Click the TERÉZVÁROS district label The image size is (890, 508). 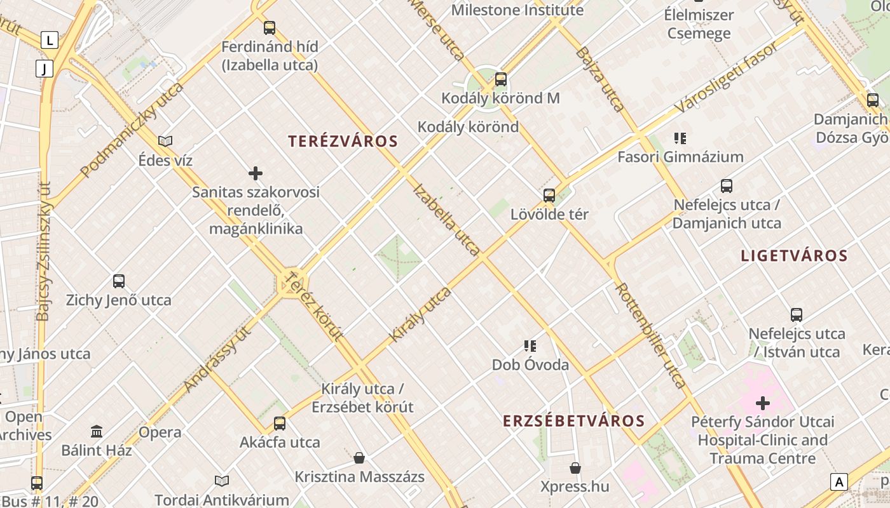[x=343, y=141]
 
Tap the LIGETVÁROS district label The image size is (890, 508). [x=794, y=256]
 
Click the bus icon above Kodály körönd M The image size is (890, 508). [x=501, y=79]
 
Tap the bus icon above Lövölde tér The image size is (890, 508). [x=549, y=196]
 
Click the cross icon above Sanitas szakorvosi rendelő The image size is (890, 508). [x=256, y=173]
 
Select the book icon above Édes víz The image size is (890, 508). [x=165, y=141]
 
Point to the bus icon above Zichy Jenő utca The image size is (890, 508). [x=119, y=281]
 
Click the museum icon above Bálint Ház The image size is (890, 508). [x=97, y=432]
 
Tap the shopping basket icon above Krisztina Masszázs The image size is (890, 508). [x=359, y=458]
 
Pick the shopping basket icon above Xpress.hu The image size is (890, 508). [x=575, y=468]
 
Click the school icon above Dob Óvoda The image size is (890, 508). [x=530, y=345]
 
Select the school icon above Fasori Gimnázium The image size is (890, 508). [x=680, y=138]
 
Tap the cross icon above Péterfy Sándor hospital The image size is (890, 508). [x=762, y=403]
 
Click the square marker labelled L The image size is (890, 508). [x=50, y=41]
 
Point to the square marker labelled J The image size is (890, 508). [x=44, y=69]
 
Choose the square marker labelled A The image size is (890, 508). [x=839, y=482]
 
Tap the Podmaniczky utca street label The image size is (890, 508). [x=132, y=129]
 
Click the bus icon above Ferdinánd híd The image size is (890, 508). [x=270, y=28]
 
